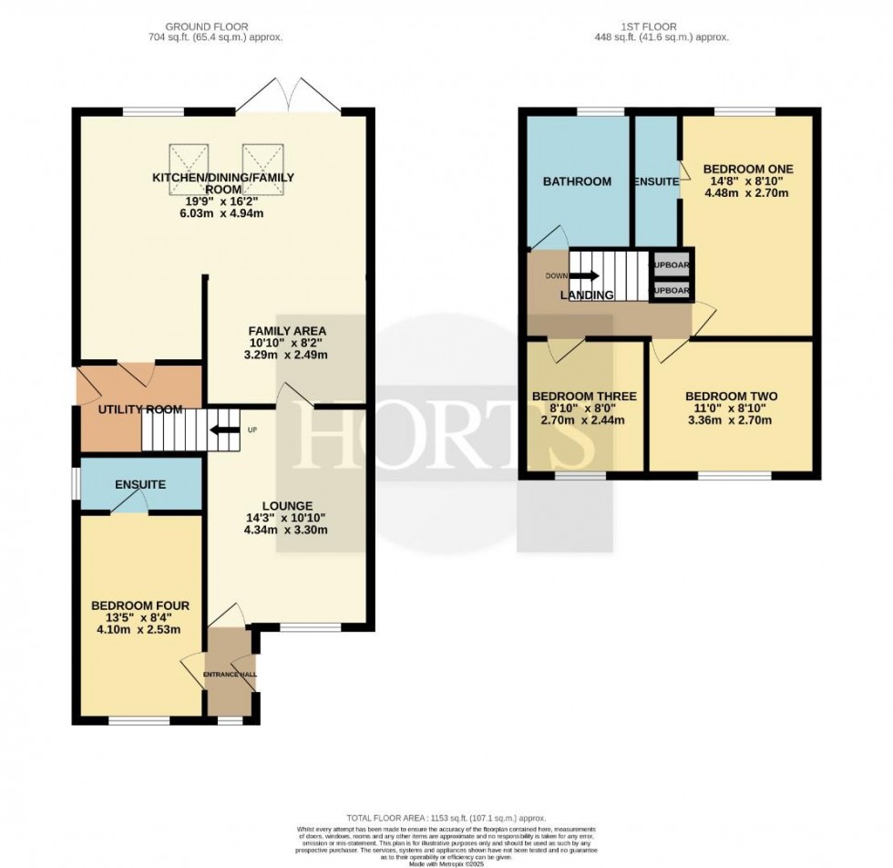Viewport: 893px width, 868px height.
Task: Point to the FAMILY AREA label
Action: point(288,330)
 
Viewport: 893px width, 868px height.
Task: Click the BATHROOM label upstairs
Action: point(577,181)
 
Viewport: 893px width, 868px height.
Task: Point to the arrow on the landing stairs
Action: point(586,274)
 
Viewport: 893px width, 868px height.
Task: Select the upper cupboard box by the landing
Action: point(671,265)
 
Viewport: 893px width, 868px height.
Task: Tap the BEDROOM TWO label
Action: point(731,396)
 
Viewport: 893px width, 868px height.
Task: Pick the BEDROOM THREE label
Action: point(584,396)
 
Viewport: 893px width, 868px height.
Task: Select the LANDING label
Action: point(588,294)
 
